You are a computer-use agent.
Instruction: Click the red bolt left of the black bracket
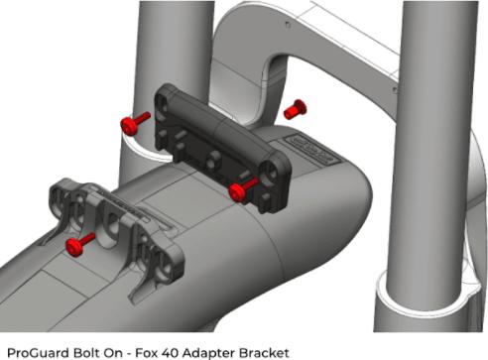coord(133,122)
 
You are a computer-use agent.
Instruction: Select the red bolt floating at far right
coord(293,109)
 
